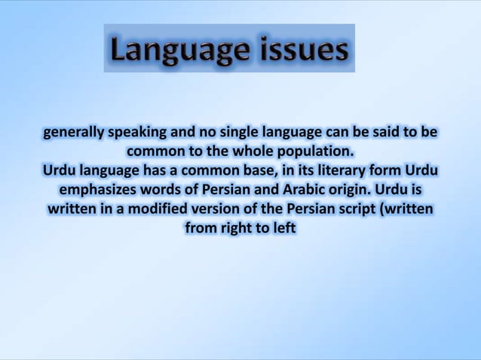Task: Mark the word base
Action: point(261,170)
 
